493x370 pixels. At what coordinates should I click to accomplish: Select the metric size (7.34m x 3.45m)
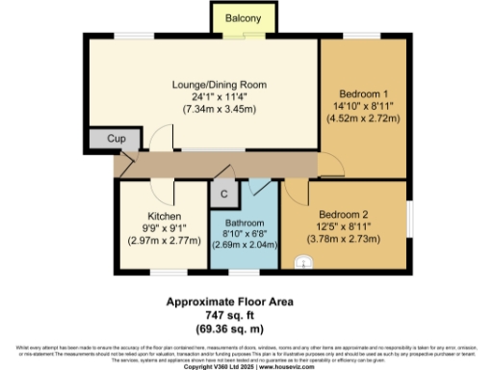click(x=204, y=109)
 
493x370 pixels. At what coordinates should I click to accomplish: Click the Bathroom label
click(x=245, y=221)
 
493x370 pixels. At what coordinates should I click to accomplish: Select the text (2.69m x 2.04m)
click(x=245, y=245)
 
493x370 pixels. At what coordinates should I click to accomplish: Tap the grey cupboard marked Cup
click(x=116, y=140)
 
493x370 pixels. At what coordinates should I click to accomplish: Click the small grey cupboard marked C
click(x=223, y=192)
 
